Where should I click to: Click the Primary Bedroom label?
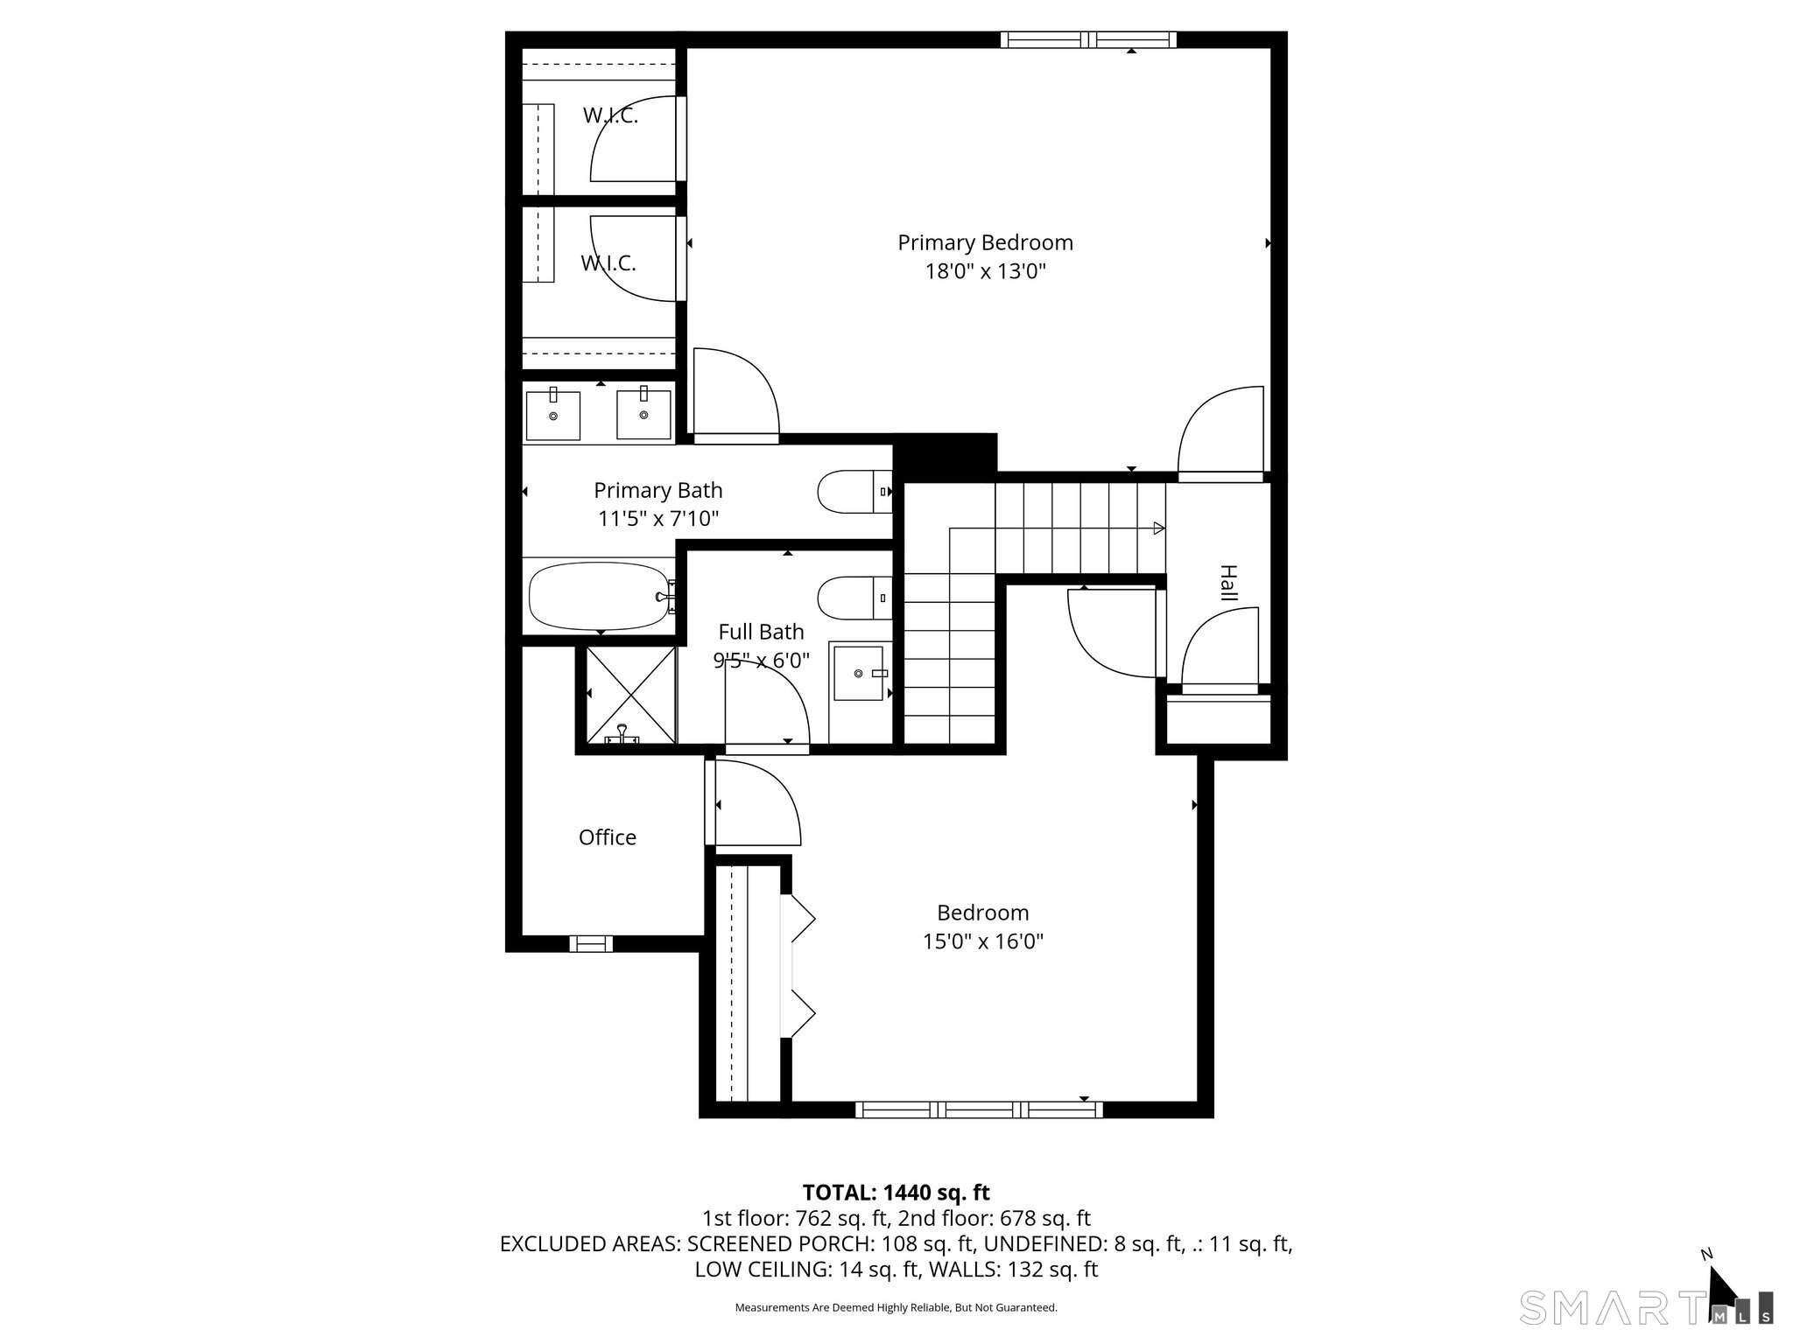[x=985, y=242]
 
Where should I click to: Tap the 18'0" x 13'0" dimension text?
[x=985, y=271]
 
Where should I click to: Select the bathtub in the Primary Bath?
[x=599, y=596]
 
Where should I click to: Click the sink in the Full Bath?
[x=860, y=673]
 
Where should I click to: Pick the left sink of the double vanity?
[x=552, y=416]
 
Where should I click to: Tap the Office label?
[x=607, y=837]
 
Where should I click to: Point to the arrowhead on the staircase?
[x=1158, y=528]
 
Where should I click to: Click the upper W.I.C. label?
[x=610, y=115]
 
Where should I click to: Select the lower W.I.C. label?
[x=608, y=262]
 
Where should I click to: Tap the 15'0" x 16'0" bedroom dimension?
[x=982, y=941]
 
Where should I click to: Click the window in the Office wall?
[x=591, y=943]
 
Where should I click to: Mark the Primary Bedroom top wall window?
[x=1087, y=39]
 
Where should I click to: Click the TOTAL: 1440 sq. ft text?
[x=896, y=1193]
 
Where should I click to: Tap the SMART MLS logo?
[x=1646, y=1307]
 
